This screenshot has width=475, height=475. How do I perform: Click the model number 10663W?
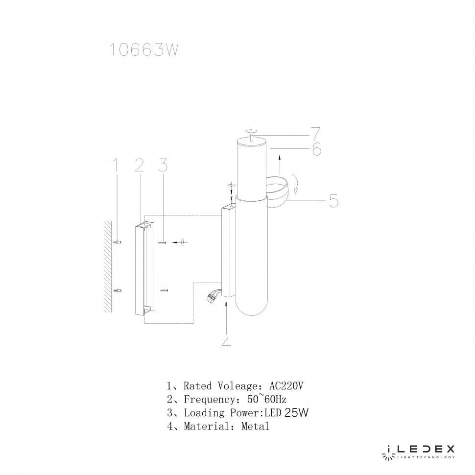[x=143, y=49]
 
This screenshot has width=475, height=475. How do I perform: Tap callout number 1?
[x=115, y=165]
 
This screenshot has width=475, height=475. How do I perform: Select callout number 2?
[x=140, y=165]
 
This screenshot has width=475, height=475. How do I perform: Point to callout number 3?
[x=163, y=165]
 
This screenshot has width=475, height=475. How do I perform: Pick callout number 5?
[x=333, y=201]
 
